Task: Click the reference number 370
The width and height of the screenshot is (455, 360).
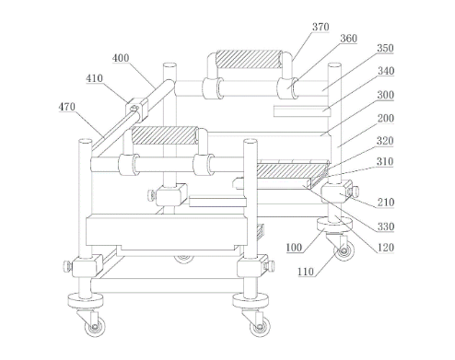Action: coord(321,27)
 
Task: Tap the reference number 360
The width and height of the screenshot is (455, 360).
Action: coord(348,39)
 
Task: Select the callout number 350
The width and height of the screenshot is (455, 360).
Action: coord(385,48)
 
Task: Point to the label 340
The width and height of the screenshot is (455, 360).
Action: coord(386,71)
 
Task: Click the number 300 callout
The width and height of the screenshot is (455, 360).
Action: coord(385,95)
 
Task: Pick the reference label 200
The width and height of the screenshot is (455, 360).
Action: coord(385,118)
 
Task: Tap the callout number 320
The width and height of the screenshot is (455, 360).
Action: coord(385,141)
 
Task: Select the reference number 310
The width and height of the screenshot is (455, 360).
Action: coord(385,161)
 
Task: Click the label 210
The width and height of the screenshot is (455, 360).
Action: coord(386,203)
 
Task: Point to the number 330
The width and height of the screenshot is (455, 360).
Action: coord(386,226)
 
